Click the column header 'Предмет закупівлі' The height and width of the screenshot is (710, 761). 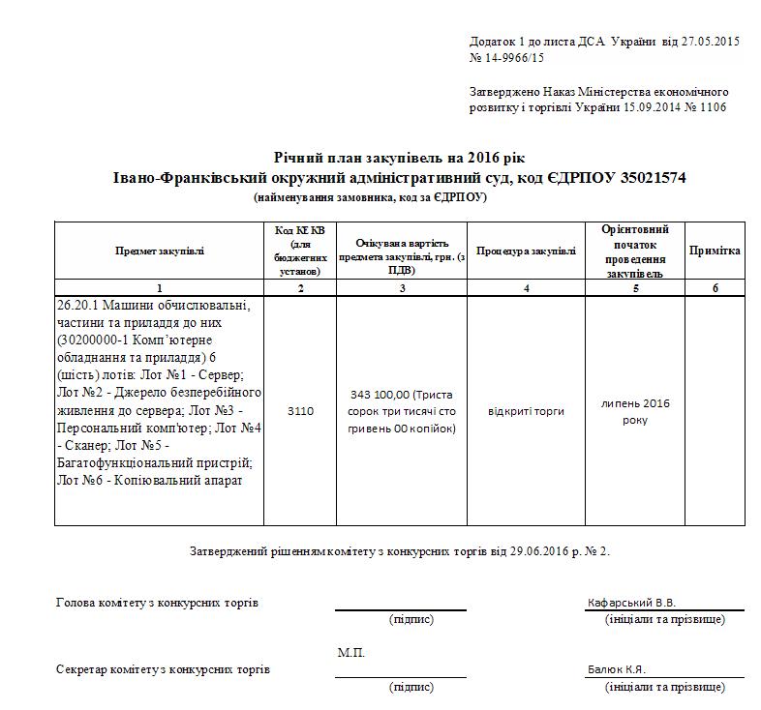coord(160,251)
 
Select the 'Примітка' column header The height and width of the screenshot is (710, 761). coord(715,251)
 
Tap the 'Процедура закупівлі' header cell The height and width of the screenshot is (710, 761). coord(527,251)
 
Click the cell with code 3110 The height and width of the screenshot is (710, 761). coord(300,411)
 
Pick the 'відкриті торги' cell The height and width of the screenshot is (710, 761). coord(527,411)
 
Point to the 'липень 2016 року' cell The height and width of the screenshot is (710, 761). coord(635,411)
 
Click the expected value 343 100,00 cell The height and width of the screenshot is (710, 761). coord(402,411)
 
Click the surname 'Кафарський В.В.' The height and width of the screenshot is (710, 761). coord(630,603)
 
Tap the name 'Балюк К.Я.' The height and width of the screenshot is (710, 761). coord(616,669)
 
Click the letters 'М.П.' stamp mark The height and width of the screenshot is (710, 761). coord(351,653)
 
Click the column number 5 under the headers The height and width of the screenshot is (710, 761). coord(635,288)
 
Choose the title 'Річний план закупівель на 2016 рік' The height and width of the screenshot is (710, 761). coord(400,158)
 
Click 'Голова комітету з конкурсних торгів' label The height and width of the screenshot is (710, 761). coord(157,604)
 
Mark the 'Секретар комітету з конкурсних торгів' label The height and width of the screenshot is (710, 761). coord(163,669)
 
